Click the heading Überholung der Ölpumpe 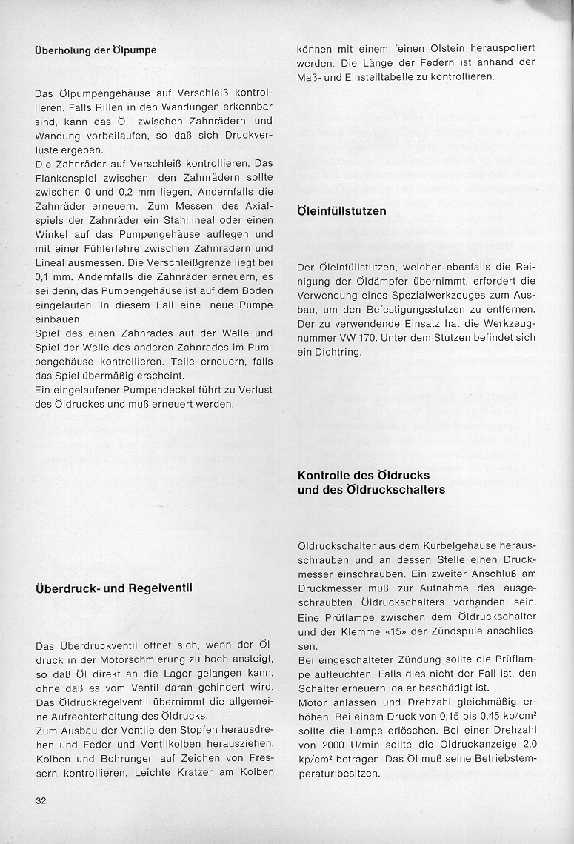(96, 50)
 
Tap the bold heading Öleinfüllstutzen (341, 211)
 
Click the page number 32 (41, 800)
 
